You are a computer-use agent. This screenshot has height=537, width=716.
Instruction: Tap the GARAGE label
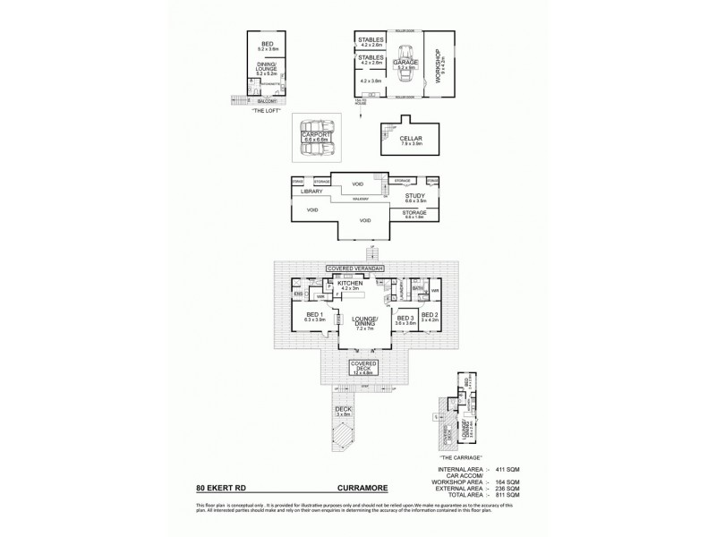click(406, 62)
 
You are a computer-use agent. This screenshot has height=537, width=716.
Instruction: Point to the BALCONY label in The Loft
click(264, 100)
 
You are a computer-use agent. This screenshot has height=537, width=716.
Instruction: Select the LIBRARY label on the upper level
click(311, 192)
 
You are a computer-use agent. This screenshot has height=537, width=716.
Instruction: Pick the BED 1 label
click(313, 315)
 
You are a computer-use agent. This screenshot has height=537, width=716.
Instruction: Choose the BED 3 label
click(405, 316)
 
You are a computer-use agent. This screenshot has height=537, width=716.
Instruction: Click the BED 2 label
click(430, 315)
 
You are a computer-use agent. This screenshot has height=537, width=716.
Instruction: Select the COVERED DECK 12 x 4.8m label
click(366, 366)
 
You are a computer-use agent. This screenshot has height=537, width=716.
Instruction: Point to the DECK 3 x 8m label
click(343, 412)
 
